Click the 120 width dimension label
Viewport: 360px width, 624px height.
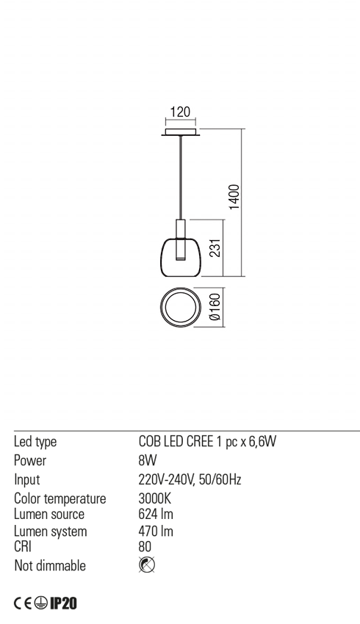(181, 112)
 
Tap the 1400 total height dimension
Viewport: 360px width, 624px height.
(235, 197)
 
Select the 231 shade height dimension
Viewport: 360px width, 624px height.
(215, 247)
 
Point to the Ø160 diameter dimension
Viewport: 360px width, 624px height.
(215, 307)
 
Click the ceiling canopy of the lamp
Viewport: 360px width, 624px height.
(181, 132)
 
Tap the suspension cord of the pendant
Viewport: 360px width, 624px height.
(181, 178)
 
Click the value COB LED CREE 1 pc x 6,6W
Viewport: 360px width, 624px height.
(207, 441)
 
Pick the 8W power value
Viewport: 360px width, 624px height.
(148, 460)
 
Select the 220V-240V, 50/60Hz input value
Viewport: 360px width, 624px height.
(190, 479)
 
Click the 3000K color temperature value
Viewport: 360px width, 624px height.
(154, 498)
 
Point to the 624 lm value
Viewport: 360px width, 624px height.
(156, 514)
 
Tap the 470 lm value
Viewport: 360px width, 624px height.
(156, 532)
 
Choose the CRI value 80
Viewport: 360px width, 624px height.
(145, 547)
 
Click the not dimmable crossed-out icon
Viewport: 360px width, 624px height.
(147, 565)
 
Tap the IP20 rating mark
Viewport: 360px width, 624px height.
(63, 603)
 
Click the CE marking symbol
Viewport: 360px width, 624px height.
(22, 603)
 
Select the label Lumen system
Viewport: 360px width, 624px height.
(50, 532)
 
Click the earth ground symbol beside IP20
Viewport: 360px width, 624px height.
(40, 603)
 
